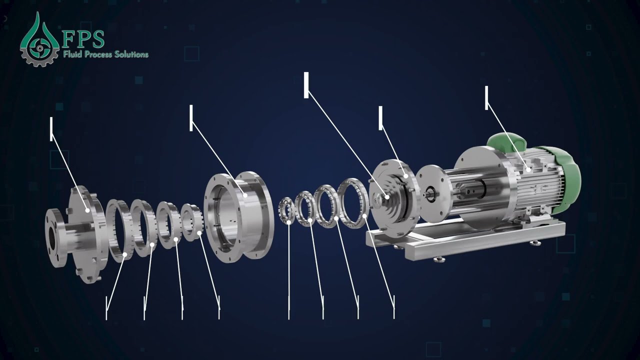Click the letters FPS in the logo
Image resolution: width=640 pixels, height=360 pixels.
coord(83,39)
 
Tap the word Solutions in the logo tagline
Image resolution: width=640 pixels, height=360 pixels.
coord(131,54)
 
